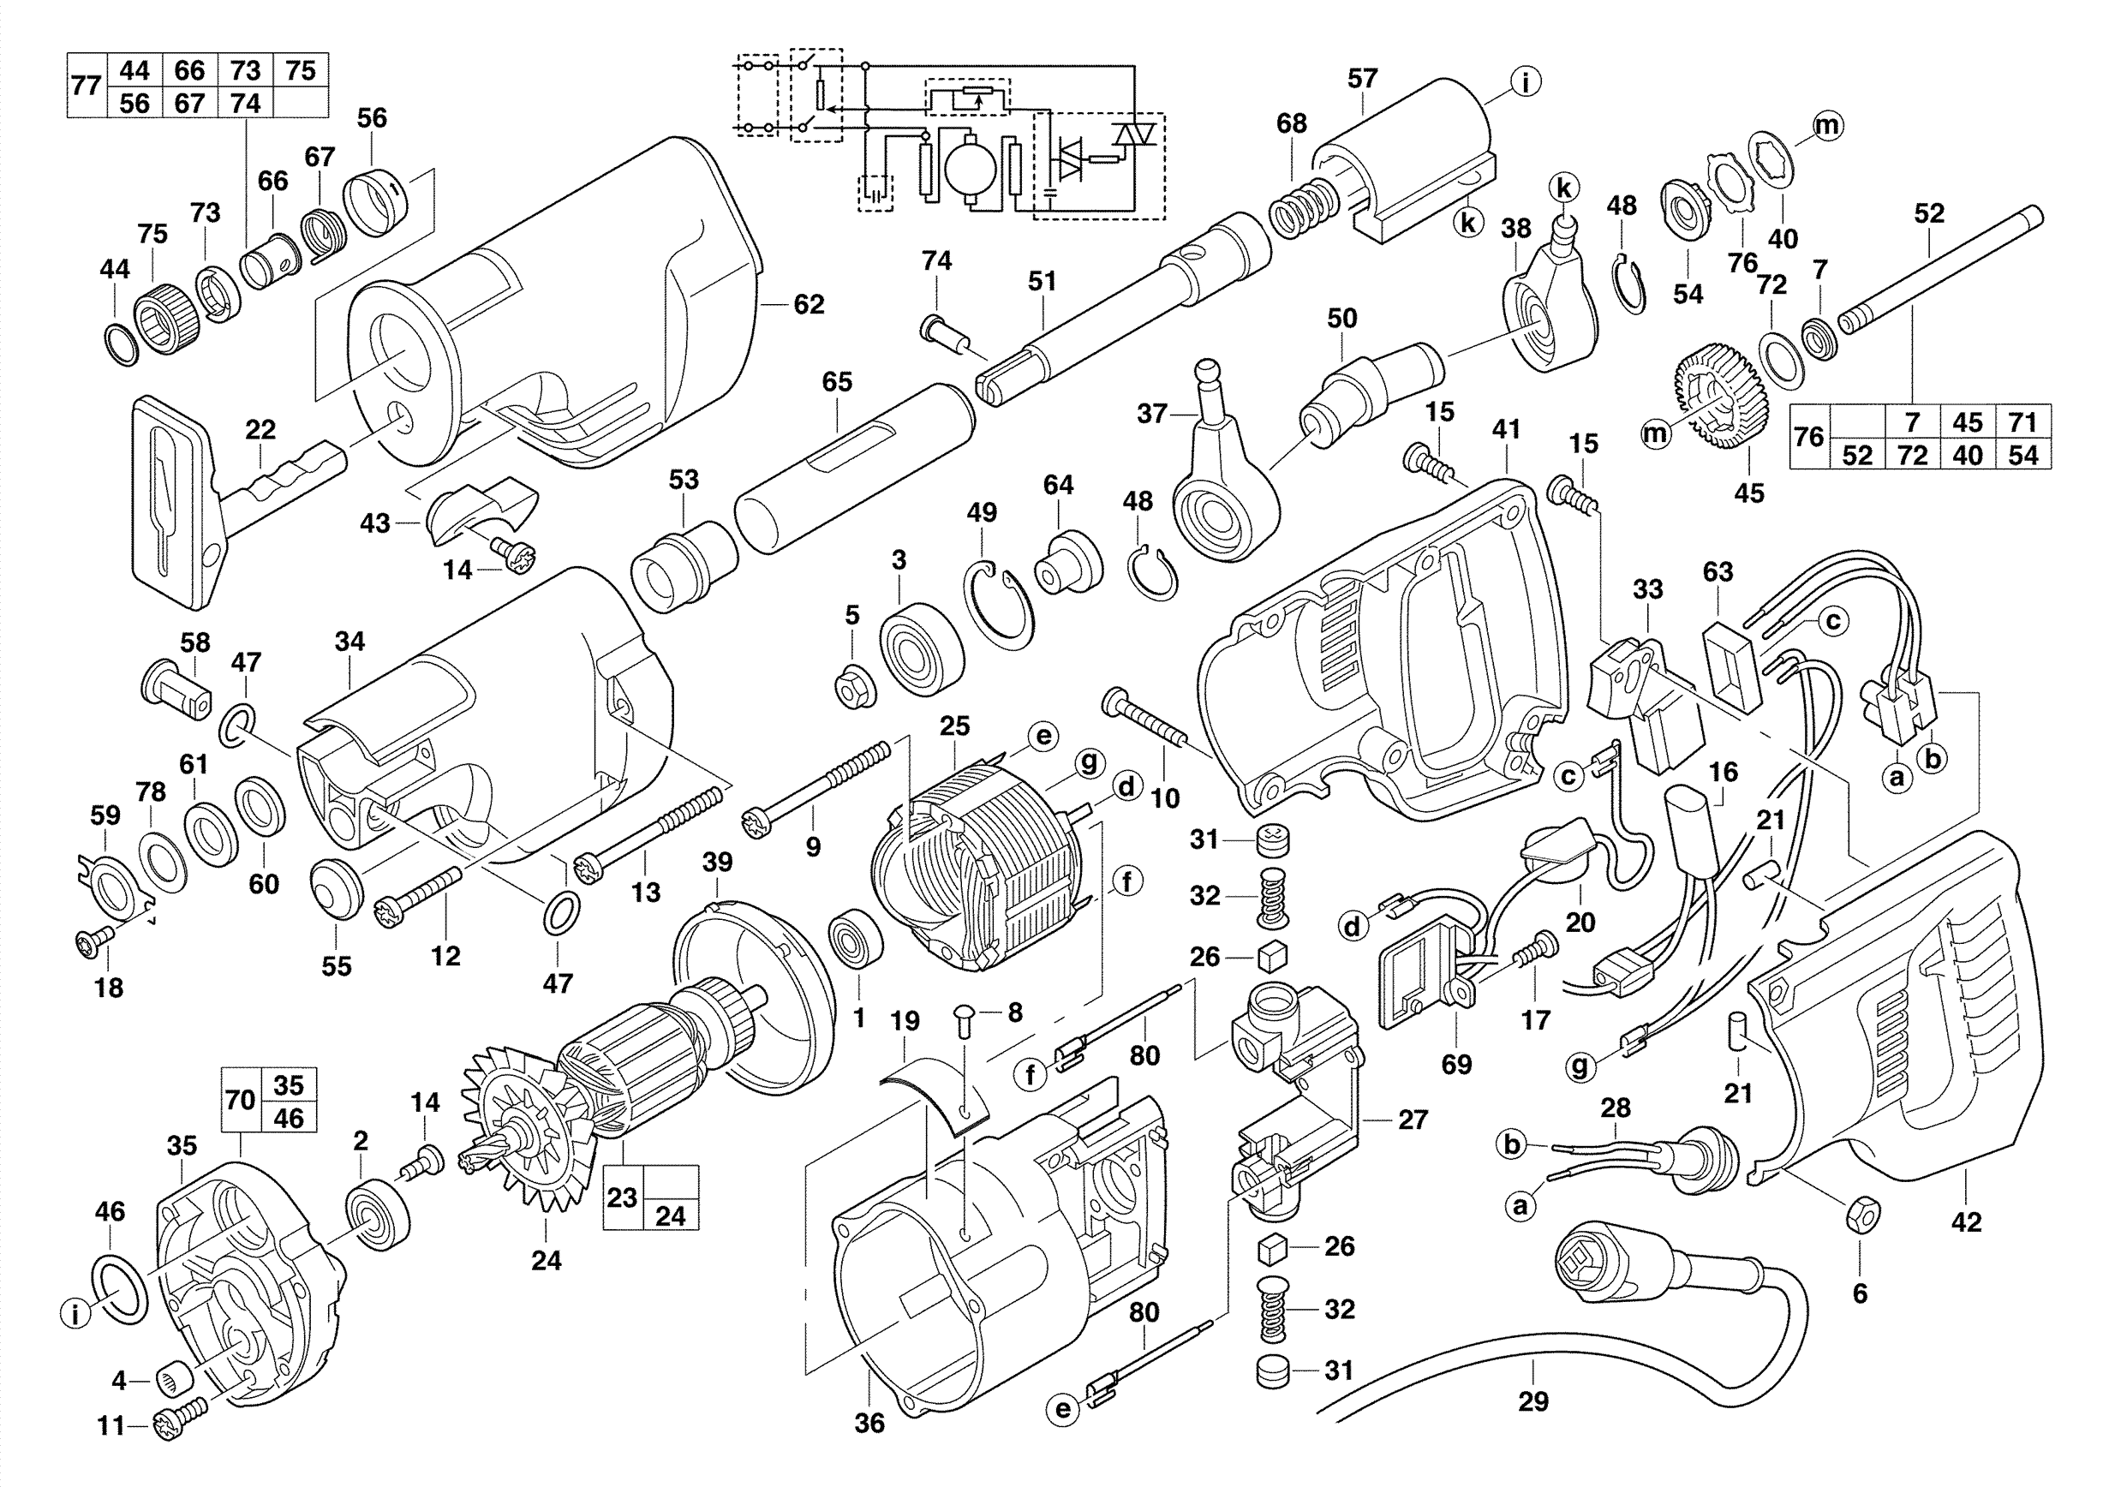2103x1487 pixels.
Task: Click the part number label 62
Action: (808, 304)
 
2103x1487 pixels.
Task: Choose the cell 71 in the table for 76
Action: (2022, 422)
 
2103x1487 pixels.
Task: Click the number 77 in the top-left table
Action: (87, 86)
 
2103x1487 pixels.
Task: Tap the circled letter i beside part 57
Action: (1525, 82)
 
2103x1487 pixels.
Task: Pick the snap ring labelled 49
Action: (1001, 606)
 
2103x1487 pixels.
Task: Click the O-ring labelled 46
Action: (120, 1290)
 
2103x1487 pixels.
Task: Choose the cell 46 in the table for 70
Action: (289, 1118)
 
